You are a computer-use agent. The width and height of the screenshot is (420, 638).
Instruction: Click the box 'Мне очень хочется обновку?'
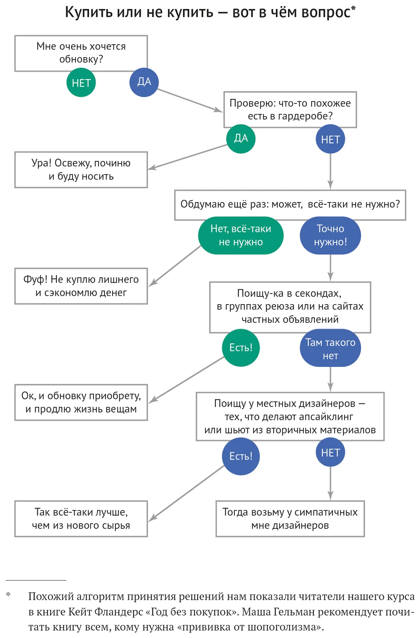(x=81, y=53)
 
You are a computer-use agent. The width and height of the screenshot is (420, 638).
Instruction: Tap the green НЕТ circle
(x=81, y=83)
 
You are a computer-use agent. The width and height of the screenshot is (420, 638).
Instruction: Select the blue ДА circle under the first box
(x=144, y=82)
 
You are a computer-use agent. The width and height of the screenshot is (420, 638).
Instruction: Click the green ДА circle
(x=241, y=139)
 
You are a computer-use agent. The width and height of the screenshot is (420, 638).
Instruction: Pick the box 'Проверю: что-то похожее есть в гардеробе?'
(x=290, y=109)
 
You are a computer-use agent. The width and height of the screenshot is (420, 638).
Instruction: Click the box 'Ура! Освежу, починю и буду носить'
(x=81, y=170)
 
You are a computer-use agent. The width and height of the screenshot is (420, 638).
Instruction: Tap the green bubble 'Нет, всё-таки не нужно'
(x=241, y=235)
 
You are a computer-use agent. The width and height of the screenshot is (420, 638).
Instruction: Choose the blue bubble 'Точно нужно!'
(x=330, y=235)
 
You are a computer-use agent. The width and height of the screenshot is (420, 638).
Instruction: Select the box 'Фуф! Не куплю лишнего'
(x=81, y=286)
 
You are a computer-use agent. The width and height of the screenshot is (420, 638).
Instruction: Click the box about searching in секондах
(x=290, y=307)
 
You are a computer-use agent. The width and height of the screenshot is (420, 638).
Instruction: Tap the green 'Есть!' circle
(x=241, y=347)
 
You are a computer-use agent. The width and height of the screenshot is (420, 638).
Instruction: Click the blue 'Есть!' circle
(x=241, y=456)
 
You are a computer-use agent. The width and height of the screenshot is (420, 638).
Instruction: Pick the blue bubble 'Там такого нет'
(x=330, y=348)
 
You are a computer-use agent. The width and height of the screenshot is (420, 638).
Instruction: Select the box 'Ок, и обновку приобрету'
(x=81, y=402)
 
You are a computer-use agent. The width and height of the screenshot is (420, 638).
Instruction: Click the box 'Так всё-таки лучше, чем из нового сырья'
(x=81, y=519)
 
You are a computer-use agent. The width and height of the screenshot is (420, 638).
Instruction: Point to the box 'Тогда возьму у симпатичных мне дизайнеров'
(x=290, y=519)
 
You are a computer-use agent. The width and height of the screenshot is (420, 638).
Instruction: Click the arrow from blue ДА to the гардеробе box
(x=190, y=100)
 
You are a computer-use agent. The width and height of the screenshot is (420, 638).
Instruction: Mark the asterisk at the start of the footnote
(x=8, y=594)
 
